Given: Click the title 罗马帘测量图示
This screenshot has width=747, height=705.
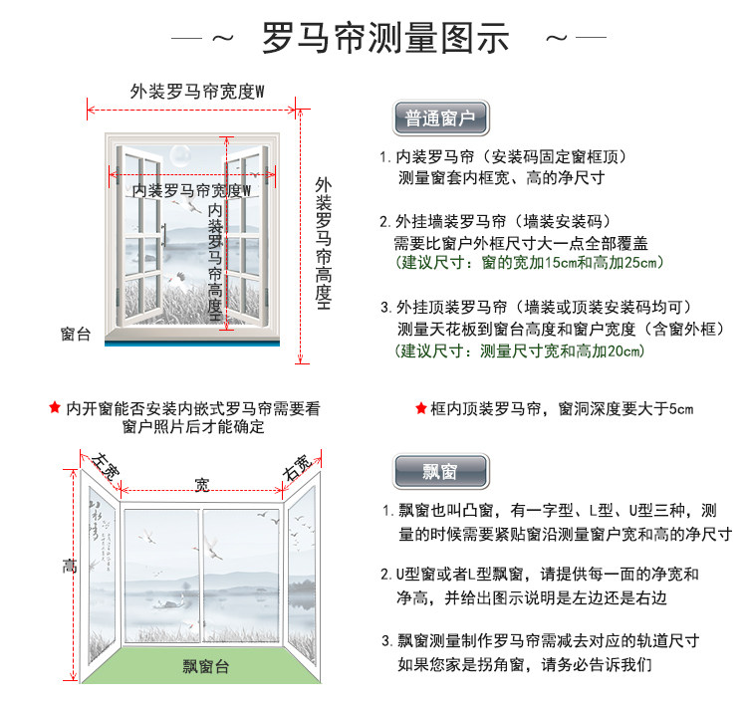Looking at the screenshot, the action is pyautogui.click(x=385, y=38).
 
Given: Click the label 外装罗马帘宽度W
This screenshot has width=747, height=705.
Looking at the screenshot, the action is pyautogui.click(x=197, y=91).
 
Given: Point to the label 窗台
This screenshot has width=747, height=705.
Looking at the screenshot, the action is pyautogui.click(x=75, y=335).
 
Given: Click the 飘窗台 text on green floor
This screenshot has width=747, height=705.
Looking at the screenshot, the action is pyautogui.click(x=206, y=666).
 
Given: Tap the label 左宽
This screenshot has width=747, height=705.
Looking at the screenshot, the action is pyautogui.click(x=106, y=466).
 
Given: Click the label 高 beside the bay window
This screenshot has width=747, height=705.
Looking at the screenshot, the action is pyautogui.click(x=69, y=567).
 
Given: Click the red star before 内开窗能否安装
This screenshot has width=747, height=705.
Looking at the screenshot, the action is pyautogui.click(x=55, y=407).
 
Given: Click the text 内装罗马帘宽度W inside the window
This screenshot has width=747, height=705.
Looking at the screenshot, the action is pyautogui.click(x=191, y=189).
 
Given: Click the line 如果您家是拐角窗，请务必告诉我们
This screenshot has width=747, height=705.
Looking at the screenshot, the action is pyautogui.click(x=525, y=664).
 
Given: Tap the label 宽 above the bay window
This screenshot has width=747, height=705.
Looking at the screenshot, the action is pyautogui.click(x=201, y=485).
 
